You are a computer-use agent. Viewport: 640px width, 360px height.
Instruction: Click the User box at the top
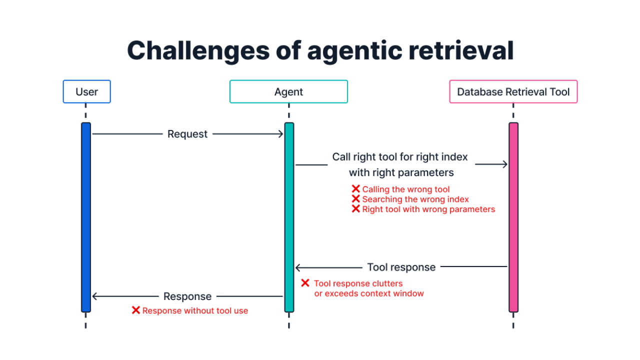(x=86, y=92)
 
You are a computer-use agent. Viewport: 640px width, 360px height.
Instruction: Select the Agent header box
(x=288, y=92)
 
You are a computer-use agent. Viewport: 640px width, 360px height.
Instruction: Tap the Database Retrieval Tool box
(x=513, y=92)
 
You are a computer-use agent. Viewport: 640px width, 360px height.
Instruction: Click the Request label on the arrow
(x=187, y=134)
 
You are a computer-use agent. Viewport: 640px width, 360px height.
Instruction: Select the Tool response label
(x=401, y=267)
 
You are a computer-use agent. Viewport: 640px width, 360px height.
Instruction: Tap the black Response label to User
(x=187, y=296)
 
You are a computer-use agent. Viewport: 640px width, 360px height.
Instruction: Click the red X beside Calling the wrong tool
(x=356, y=189)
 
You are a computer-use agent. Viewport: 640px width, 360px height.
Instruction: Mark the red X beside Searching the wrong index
(x=356, y=199)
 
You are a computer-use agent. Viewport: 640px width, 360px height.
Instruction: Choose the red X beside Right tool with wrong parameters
(x=356, y=209)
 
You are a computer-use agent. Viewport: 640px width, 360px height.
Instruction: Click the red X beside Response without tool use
(x=135, y=310)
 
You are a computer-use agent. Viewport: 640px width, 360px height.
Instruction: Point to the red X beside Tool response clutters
(x=305, y=283)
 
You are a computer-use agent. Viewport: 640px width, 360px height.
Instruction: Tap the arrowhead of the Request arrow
(x=281, y=134)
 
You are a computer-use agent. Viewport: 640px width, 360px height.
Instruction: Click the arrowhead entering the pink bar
(x=505, y=164)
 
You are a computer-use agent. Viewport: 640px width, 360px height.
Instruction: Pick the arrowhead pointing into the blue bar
(x=95, y=296)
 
